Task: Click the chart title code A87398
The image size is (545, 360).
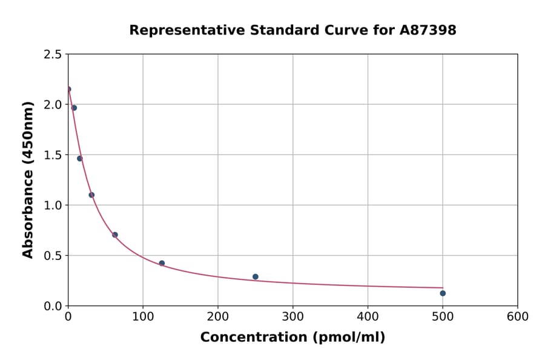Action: [428, 30]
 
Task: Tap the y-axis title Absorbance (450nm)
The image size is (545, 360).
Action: [28, 180]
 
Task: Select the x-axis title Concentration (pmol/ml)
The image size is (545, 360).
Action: [292, 337]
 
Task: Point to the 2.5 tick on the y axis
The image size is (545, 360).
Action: [53, 55]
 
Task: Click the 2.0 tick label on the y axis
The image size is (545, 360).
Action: [53, 105]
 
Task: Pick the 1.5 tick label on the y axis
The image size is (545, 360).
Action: [53, 155]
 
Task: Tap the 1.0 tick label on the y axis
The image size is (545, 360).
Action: [53, 205]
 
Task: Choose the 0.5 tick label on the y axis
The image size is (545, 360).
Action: [53, 256]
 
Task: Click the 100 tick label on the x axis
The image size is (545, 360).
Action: [143, 316]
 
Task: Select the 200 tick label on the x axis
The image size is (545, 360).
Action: [218, 316]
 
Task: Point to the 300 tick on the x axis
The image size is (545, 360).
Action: [293, 316]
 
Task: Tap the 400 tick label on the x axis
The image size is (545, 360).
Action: [368, 316]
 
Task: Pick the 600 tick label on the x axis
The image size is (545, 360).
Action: [518, 316]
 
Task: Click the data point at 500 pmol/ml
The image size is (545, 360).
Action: [443, 293]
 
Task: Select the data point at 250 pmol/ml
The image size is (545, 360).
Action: [256, 277]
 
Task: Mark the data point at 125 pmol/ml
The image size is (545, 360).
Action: [162, 263]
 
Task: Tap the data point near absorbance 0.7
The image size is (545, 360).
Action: [115, 235]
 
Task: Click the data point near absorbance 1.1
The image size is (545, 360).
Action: [91, 195]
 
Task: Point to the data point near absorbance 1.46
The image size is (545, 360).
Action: [79, 159]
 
